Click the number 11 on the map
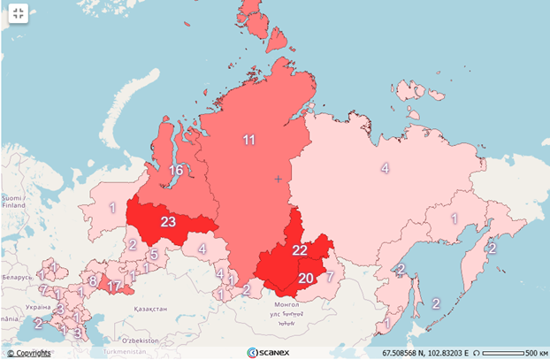249,140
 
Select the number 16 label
177,170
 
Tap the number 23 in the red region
168,222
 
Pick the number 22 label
300,251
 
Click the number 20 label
306,279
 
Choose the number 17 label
113,286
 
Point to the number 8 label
92,280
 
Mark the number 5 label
153,255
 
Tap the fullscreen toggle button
18,13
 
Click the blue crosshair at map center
278,180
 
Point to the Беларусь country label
16,277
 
